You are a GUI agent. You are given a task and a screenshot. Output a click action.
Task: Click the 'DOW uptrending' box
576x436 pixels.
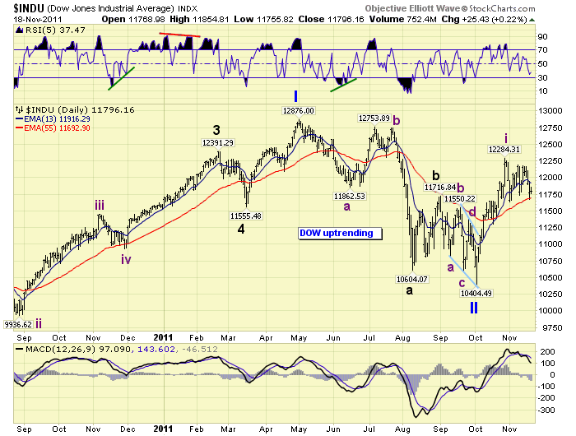339,233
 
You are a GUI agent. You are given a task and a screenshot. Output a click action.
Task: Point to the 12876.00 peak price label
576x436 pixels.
299,109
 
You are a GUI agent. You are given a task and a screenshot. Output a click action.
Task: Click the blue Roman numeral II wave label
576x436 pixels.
474,308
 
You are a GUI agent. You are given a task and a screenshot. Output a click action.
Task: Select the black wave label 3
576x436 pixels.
216,129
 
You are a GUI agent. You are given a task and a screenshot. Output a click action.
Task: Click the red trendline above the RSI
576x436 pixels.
179,35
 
